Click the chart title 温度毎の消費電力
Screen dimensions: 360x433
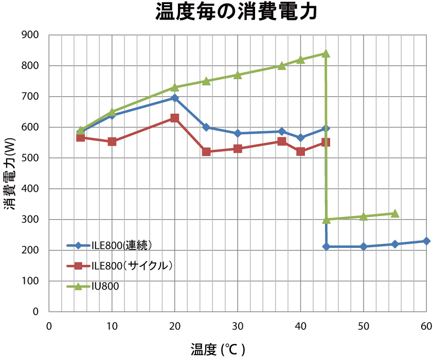point(236,12)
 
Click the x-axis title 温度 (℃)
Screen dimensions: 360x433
point(218,350)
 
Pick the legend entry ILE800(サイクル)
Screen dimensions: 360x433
point(131,266)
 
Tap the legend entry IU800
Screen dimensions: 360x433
point(105,286)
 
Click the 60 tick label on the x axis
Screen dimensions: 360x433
point(426,326)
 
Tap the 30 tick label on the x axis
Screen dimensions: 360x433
point(238,326)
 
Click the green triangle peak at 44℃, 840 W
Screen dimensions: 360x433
point(326,53)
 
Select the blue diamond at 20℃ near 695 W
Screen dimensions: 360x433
point(175,98)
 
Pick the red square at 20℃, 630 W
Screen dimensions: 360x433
point(175,118)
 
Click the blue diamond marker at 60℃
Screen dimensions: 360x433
point(426,241)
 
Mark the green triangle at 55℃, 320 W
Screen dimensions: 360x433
point(395,213)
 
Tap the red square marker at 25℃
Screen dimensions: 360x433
point(206,152)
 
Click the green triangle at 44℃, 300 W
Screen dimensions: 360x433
point(326,220)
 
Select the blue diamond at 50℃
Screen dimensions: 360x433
point(364,247)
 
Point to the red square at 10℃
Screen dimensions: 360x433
point(112,141)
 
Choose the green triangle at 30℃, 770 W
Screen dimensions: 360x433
point(238,75)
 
